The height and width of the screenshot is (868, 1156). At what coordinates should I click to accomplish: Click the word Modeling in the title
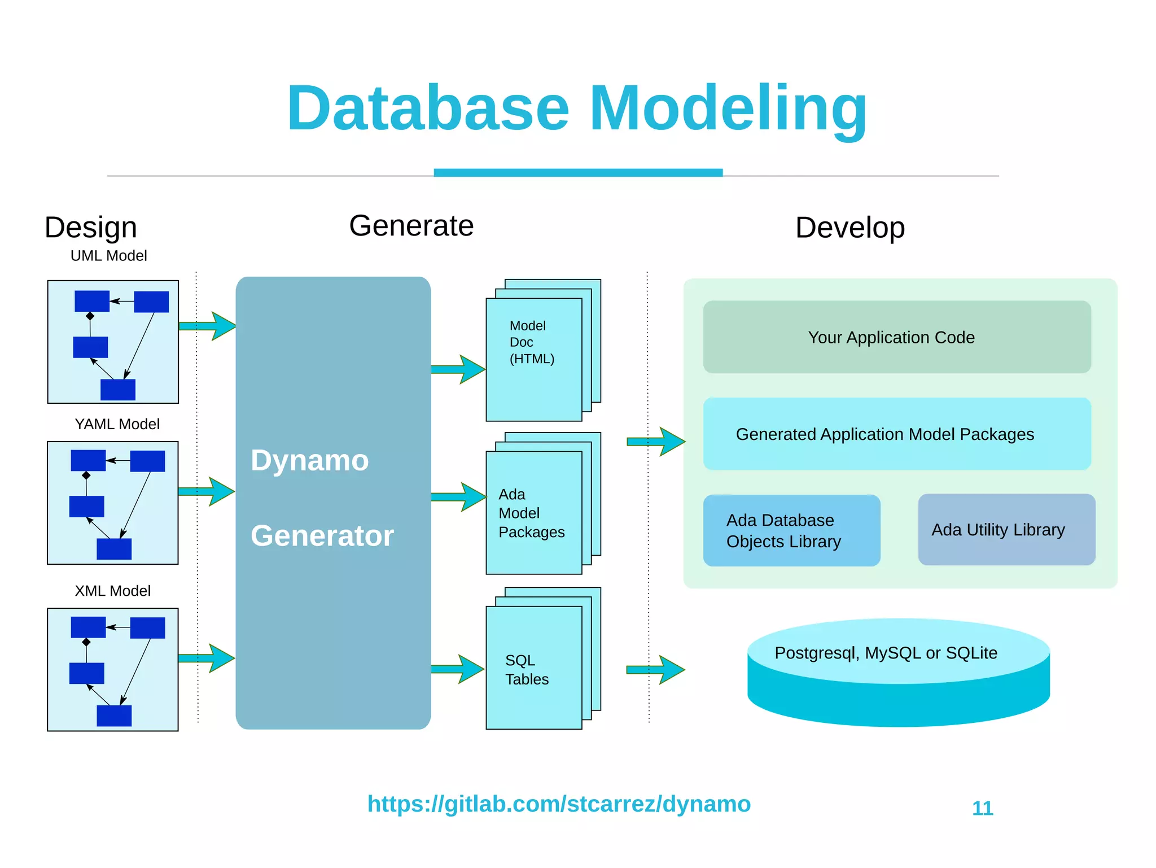(x=728, y=108)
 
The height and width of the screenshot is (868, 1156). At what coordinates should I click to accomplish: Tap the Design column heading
(x=91, y=228)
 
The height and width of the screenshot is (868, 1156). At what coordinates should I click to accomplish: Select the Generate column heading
(x=411, y=226)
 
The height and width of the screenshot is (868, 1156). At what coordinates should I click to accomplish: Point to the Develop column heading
(x=850, y=228)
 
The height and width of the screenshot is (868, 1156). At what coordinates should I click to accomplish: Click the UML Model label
(x=108, y=256)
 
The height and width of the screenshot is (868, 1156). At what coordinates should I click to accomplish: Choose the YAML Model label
(x=117, y=424)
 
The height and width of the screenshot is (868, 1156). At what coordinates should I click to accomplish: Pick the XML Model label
(x=112, y=591)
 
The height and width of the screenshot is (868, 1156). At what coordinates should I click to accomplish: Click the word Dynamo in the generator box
(x=309, y=460)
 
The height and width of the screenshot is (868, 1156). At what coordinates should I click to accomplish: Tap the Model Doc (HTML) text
(x=531, y=342)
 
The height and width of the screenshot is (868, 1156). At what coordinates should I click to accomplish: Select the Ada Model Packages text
(x=531, y=513)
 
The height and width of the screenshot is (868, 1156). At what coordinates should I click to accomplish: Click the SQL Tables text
(x=526, y=670)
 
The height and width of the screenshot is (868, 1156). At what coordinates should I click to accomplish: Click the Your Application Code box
(x=896, y=337)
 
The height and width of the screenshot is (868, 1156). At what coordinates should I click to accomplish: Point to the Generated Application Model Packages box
(x=896, y=434)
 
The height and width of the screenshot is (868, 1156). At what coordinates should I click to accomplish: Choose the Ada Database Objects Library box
(x=791, y=530)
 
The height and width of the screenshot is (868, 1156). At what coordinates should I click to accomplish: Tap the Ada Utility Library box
(x=1006, y=530)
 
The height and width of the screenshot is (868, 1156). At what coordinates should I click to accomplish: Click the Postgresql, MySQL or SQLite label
(x=885, y=653)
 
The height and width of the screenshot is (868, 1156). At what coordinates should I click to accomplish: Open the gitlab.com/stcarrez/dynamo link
(x=558, y=804)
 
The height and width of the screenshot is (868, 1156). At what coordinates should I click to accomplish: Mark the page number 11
(x=982, y=808)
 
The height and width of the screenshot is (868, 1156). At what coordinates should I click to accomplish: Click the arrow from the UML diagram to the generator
(x=208, y=326)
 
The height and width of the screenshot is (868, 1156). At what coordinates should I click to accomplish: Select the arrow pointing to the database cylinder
(x=656, y=670)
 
